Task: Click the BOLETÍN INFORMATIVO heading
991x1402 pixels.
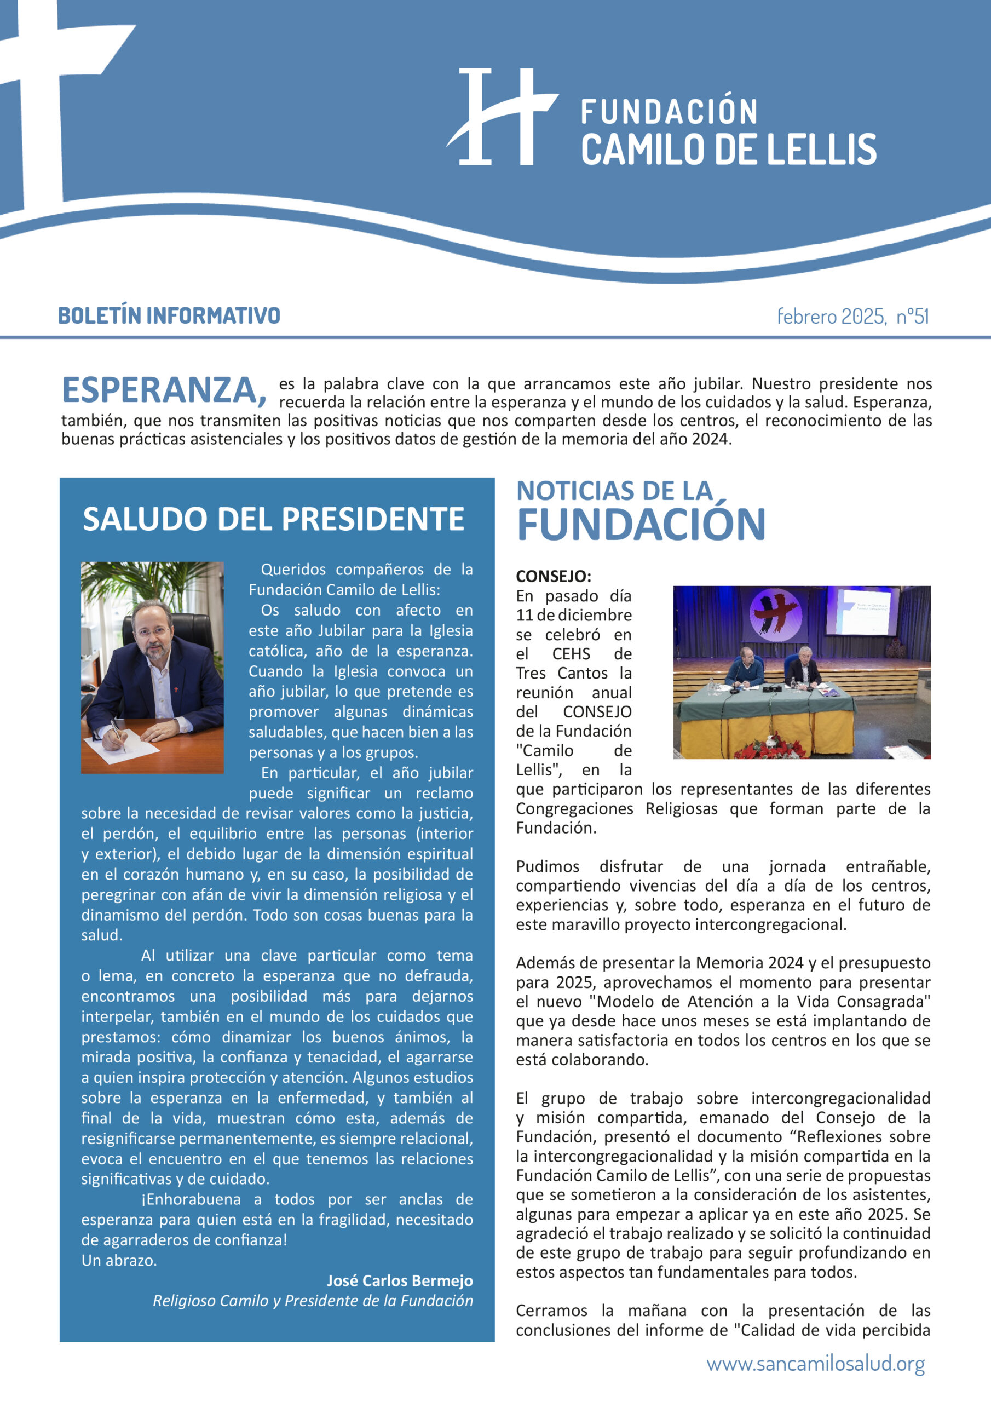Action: point(169,315)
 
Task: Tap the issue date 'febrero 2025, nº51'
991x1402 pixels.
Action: point(852,317)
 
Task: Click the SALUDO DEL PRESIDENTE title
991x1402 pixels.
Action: point(274,519)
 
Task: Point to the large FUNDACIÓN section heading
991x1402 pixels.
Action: point(641,525)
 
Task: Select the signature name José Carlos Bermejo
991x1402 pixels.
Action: point(399,1280)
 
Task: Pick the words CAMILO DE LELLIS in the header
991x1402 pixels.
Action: point(728,150)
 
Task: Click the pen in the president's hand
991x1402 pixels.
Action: point(118,736)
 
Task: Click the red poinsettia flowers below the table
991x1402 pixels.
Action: point(770,749)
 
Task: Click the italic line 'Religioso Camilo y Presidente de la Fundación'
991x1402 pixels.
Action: point(313,1301)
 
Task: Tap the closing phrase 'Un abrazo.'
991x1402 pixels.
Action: point(119,1260)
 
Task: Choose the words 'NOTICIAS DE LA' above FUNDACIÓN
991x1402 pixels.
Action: point(614,491)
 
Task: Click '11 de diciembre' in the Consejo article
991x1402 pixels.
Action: point(573,616)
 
